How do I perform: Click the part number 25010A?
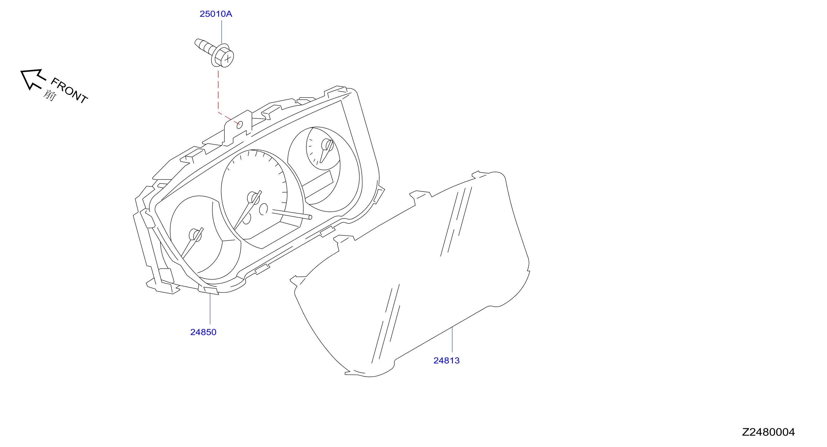[x=216, y=14]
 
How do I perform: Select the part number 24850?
[x=203, y=332]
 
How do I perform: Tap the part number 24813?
[x=446, y=361]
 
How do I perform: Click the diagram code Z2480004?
[x=768, y=432]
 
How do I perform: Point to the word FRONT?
[x=69, y=90]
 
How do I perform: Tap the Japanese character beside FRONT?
[x=50, y=95]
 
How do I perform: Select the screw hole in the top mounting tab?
[x=240, y=125]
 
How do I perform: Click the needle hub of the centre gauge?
[x=254, y=198]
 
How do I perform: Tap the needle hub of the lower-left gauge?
[x=195, y=235]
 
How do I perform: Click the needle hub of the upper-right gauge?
[x=327, y=145]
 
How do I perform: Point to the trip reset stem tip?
[x=310, y=217]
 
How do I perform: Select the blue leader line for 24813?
[x=452, y=339]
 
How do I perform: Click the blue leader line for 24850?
[x=210, y=309]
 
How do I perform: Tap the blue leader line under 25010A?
[x=221, y=32]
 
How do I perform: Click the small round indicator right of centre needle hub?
[x=263, y=209]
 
